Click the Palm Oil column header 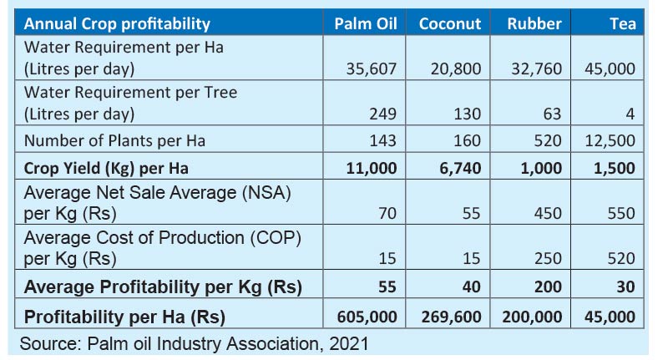(365, 23)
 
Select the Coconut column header (450, 23)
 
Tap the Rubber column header (534, 23)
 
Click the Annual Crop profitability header (117, 23)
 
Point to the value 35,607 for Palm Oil (372, 68)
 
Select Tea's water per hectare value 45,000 (610, 68)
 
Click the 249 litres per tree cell (384, 114)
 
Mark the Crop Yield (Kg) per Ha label (106, 168)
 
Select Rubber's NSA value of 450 (548, 214)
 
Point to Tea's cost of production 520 (621, 259)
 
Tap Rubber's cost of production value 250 (548, 259)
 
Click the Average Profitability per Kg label (163, 287)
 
